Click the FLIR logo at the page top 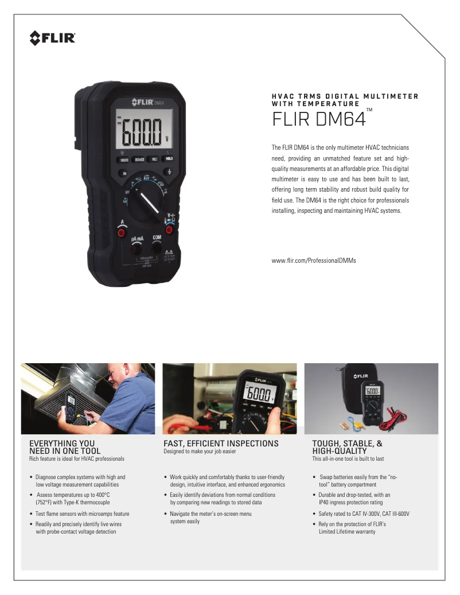coord(52,38)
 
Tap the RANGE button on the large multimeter coord(139,160)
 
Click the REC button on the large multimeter coord(155,160)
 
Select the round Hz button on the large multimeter coord(124,173)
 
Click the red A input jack coord(122,232)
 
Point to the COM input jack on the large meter coord(156,248)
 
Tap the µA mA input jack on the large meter coord(136,250)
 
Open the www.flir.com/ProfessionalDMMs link coord(314,260)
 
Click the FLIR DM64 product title coord(319,119)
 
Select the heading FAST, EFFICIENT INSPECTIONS coord(221,444)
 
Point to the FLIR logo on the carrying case coord(361,376)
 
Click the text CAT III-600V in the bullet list coord(396,514)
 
